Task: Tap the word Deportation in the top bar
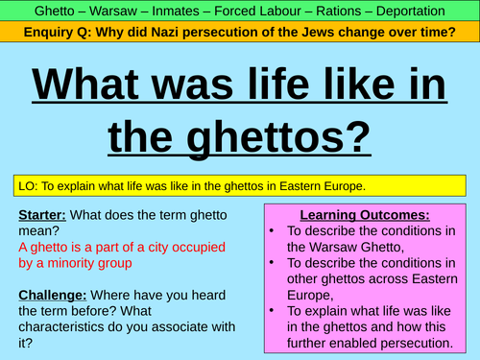coord(427,12)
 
